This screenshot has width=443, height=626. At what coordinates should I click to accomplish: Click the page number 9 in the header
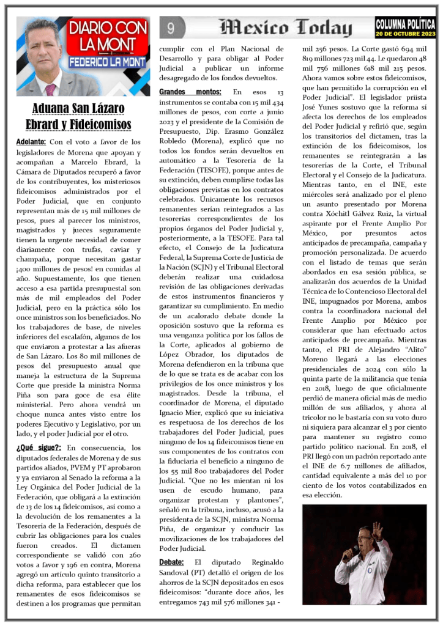tap(171, 28)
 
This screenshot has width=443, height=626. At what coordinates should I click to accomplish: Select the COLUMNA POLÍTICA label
tap(405, 23)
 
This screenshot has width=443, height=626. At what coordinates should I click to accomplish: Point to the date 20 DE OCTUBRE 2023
tap(405, 34)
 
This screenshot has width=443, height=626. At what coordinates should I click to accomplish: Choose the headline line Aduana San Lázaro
tap(78, 109)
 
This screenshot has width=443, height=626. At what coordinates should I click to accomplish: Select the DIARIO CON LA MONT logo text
tap(107, 35)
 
